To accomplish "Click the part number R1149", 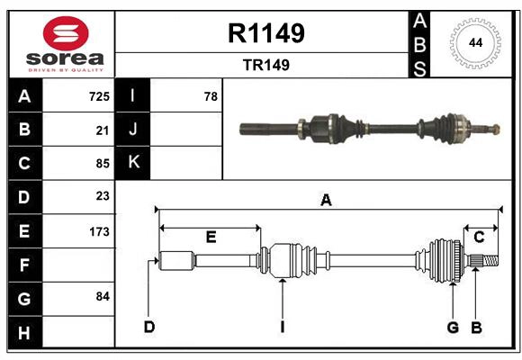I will [266, 33].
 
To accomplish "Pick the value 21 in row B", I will [102, 130].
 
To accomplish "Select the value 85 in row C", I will [102, 164].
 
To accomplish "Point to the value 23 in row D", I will [102, 196].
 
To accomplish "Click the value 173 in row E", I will [99, 231].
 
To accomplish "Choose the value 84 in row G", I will [102, 296].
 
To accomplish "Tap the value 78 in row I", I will [211, 95].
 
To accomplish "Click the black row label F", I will [24, 265].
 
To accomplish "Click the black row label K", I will [133, 162].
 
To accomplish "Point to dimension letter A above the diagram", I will [326, 201].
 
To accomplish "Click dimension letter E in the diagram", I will [211, 238].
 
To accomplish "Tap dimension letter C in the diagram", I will [479, 238].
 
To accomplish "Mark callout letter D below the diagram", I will [148, 327].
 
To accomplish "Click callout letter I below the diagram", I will [282, 327].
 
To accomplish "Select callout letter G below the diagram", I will [453, 327].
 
